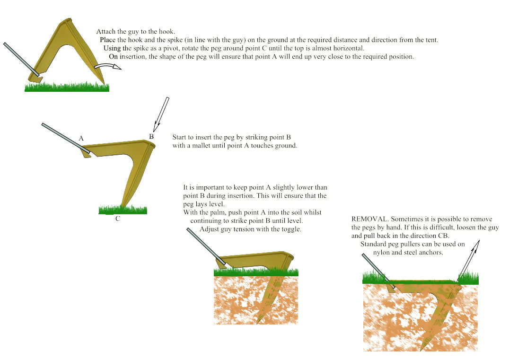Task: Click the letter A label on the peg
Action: pos(81,139)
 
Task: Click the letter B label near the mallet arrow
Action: pos(151,136)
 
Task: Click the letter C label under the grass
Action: pos(117,219)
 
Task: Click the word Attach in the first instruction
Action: pos(106,32)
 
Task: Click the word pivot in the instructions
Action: pos(171,48)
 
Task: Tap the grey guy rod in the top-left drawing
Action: pos(21,59)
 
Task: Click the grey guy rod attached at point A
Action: pos(66,138)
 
